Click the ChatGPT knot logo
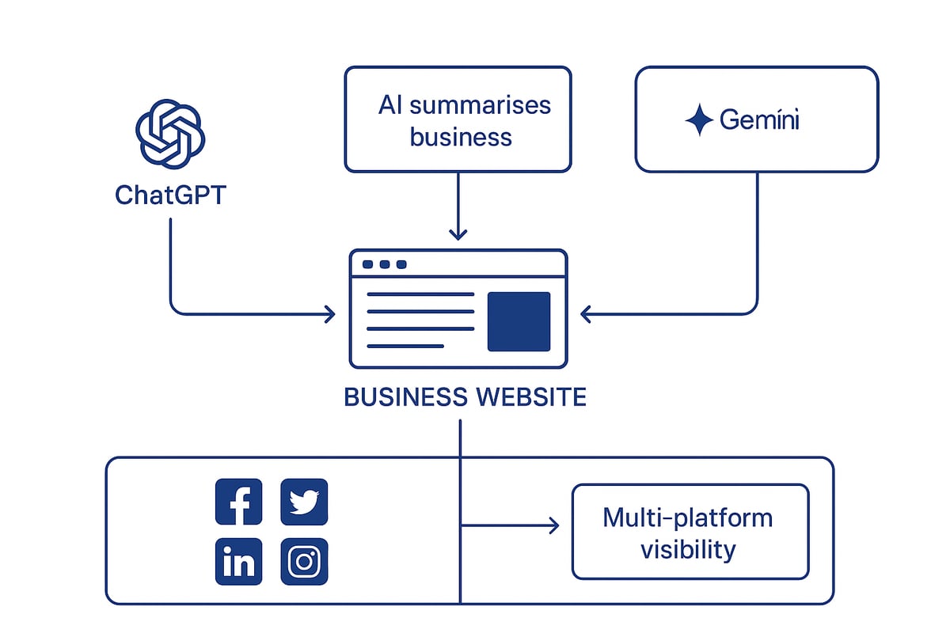click(x=170, y=133)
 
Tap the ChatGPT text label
click(x=170, y=195)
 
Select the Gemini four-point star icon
click(x=699, y=120)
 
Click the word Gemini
click(x=760, y=120)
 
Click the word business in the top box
click(x=461, y=137)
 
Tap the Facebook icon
click(x=238, y=502)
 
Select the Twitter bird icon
click(x=304, y=502)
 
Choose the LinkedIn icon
click(x=238, y=562)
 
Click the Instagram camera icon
click(x=304, y=562)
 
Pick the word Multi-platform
click(x=687, y=517)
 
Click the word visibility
click(x=687, y=549)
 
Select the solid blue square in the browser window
click(x=519, y=321)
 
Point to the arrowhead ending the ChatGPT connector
click(x=329, y=314)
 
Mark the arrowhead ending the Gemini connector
click(x=587, y=314)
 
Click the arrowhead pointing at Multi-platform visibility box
click(x=553, y=525)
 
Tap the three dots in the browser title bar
click(x=384, y=264)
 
